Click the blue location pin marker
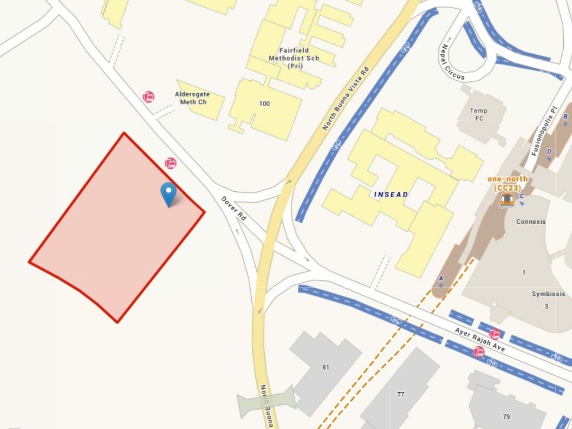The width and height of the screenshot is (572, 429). click(x=169, y=193)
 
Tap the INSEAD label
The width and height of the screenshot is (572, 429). click(x=391, y=194)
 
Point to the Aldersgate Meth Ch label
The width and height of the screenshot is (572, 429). click(x=192, y=98)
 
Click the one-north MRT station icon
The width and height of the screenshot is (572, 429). click(x=507, y=200)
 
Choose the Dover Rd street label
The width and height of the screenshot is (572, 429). click(x=234, y=208)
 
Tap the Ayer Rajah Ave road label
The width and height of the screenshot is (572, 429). click(x=480, y=340)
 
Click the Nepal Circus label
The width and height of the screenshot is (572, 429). click(x=452, y=62)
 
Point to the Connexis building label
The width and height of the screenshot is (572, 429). click(x=531, y=222)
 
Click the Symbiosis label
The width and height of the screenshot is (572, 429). click(x=548, y=294)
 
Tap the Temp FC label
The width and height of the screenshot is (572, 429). click(x=478, y=114)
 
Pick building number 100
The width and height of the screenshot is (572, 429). click(x=264, y=104)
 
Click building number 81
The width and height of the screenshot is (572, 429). click(x=326, y=367)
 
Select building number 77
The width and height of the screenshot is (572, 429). click(x=400, y=394)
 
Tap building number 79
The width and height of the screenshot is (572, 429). click(x=506, y=417)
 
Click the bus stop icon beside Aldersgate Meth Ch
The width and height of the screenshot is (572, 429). click(x=148, y=97)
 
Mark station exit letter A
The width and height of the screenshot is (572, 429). click(x=441, y=278)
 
